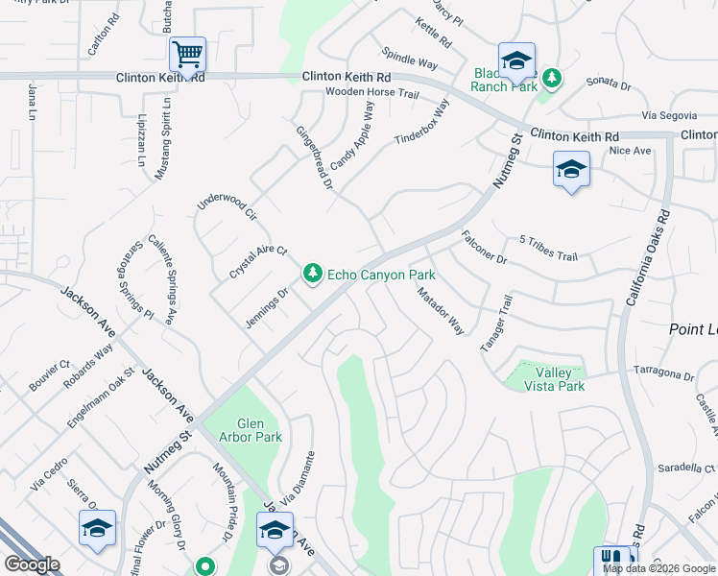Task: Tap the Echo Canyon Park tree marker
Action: [312, 275]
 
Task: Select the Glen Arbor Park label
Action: [246, 430]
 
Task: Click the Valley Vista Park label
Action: [554, 379]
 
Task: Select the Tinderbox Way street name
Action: [422, 122]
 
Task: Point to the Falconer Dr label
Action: [483, 247]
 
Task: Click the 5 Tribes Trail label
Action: [548, 249]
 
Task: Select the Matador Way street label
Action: [441, 311]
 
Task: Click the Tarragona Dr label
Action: [662, 372]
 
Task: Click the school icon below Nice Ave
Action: [571, 170]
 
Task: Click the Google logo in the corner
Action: [33, 564]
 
